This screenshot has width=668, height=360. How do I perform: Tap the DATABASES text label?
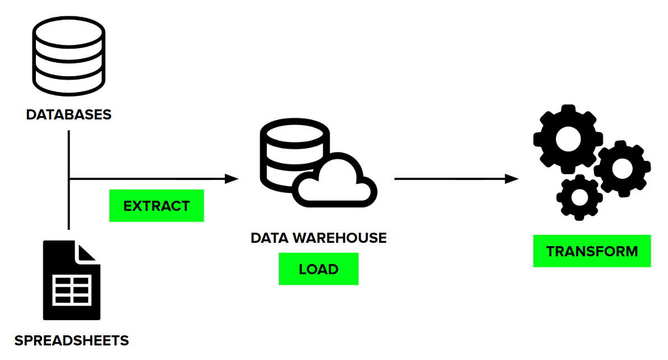[x=68, y=115]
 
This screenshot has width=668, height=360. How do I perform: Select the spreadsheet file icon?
[x=71, y=280]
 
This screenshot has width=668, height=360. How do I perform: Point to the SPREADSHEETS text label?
[x=71, y=340]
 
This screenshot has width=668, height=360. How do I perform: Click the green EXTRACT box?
[x=156, y=206]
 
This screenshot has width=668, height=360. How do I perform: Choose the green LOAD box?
[x=318, y=269]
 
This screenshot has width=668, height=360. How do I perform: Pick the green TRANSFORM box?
[x=592, y=251]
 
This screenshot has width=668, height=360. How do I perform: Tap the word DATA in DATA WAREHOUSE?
[x=269, y=238]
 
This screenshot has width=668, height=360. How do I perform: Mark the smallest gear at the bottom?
[x=579, y=196]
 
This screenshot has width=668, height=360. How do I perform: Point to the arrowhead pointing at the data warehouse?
[x=232, y=179]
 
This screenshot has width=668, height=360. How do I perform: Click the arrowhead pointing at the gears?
[x=511, y=179]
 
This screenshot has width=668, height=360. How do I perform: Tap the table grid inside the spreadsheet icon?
[x=71, y=290]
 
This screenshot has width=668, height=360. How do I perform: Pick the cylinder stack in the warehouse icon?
[x=283, y=154]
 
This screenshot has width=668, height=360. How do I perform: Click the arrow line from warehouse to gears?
[x=449, y=179]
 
